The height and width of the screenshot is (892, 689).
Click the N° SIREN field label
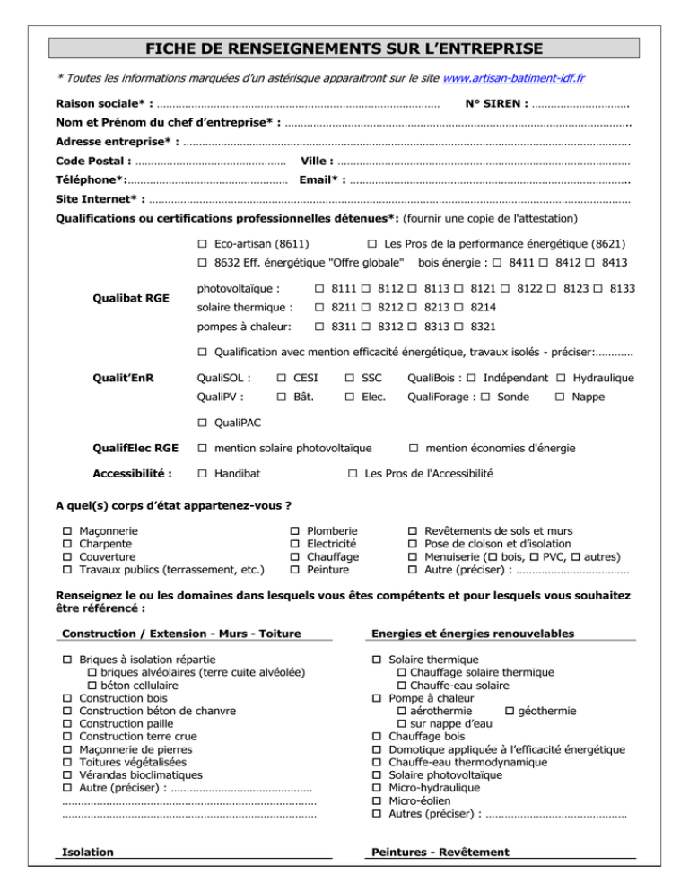tap(496, 104)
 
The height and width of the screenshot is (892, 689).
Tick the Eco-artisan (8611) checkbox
tap(203, 243)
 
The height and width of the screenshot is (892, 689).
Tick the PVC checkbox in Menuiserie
tap(534, 555)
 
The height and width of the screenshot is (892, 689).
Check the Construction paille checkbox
tap(67, 722)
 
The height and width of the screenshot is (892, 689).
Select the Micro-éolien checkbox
tap(377, 800)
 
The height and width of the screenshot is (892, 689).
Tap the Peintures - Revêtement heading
tap(439, 852)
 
